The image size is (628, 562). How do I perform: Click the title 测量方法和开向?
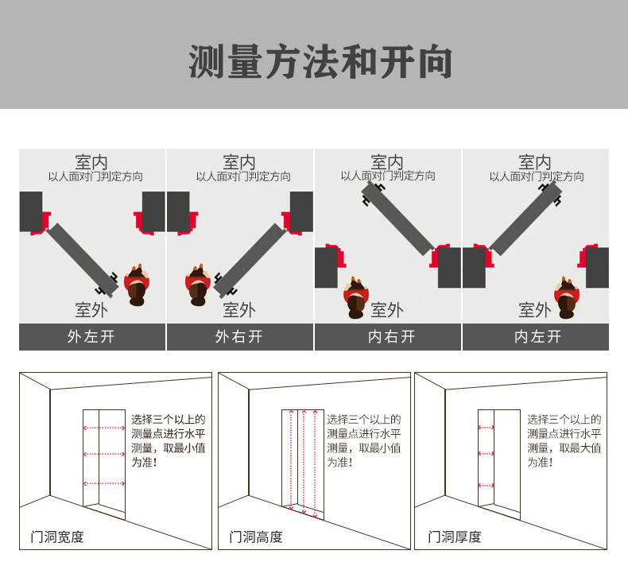point(320,62)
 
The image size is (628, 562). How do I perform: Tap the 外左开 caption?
point(91,336)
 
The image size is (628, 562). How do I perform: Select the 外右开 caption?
point(239,336)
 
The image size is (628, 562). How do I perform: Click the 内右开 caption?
point(387,336)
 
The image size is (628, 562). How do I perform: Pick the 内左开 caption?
point(535,336)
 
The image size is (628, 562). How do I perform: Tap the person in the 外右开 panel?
point(198,285)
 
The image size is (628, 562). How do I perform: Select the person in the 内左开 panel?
point(566,297)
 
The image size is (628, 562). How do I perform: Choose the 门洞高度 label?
point(256,537)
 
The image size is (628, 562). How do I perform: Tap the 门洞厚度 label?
point(455,537)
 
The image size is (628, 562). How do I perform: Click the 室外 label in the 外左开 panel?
point(91,309)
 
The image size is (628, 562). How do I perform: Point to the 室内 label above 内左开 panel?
point(535,162)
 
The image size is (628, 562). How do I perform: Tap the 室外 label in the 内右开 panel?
point(387,309)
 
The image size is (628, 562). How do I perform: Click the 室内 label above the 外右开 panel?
point(239,162)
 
